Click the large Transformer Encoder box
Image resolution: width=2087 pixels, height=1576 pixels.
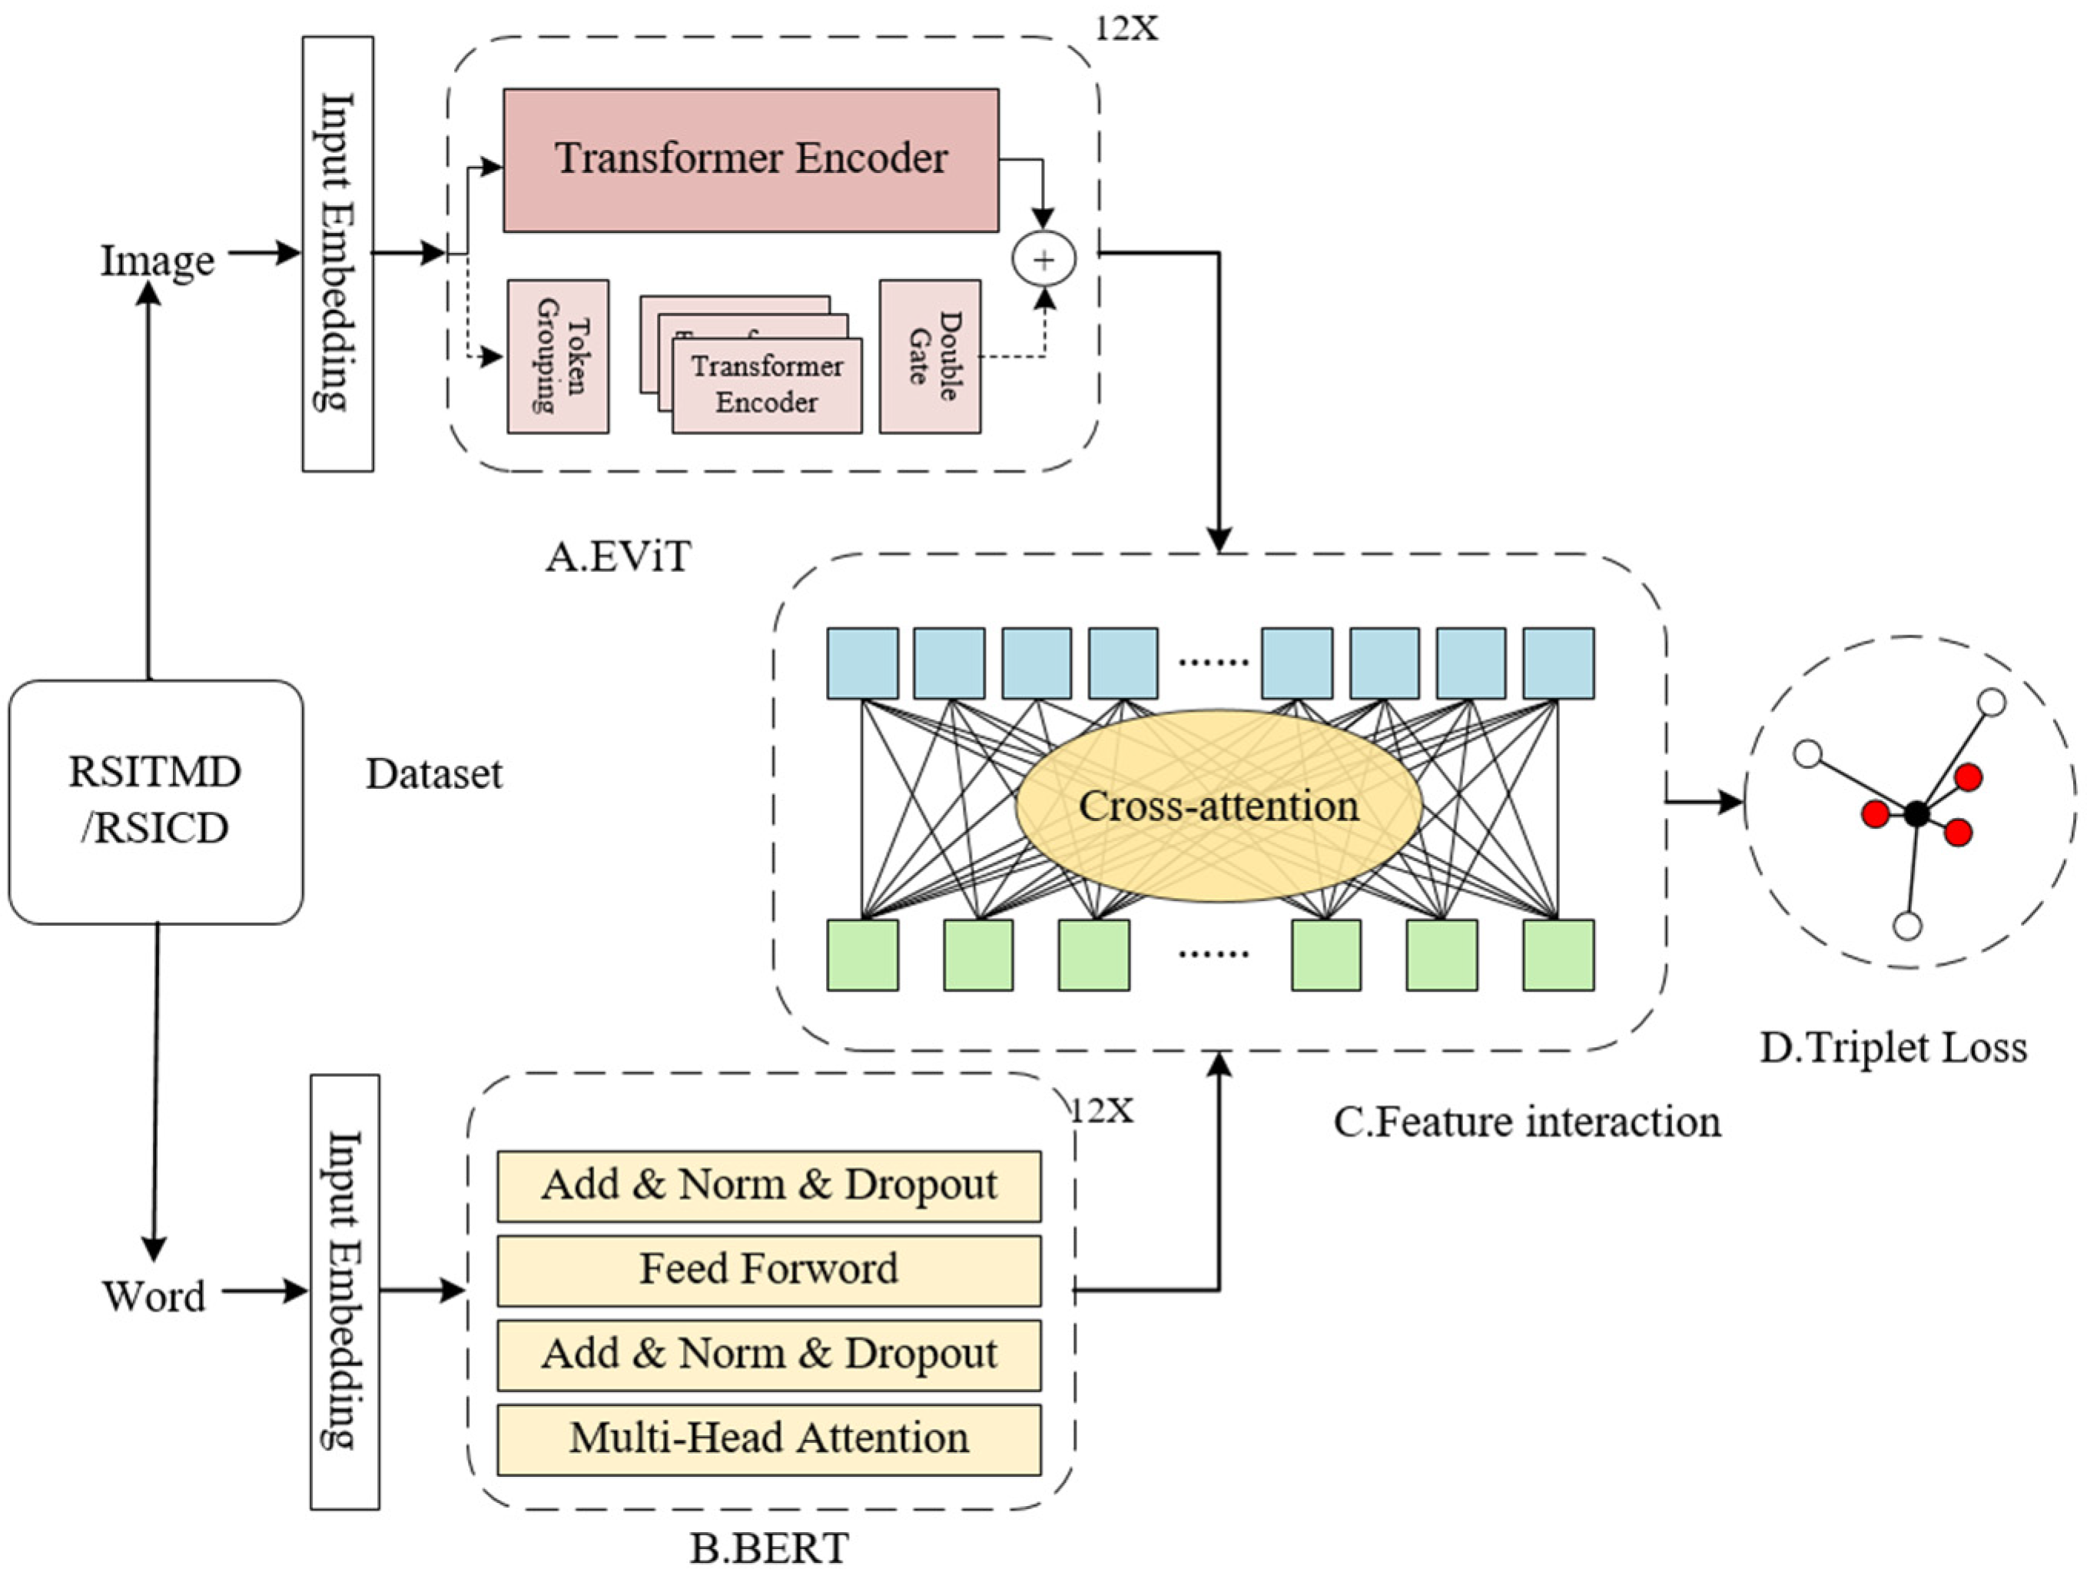(750, 159)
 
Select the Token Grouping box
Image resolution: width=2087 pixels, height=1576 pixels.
(558, 357)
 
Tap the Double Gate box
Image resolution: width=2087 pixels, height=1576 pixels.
(929, 357)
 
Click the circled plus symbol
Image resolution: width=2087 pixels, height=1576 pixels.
(1043, 258)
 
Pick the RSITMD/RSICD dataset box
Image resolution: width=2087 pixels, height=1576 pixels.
(156, 801)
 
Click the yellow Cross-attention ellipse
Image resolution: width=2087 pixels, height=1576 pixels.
(1218, 806)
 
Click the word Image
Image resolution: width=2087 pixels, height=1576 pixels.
(158, 261)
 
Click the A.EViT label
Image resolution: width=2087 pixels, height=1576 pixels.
(618, 557)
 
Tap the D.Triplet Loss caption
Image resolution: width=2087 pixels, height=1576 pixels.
(1893, 1048)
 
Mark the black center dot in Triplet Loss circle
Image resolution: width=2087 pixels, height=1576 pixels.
(1916, 813)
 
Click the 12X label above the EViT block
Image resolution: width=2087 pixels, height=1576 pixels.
(1126, 28)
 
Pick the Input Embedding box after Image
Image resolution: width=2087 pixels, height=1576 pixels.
(338, 253)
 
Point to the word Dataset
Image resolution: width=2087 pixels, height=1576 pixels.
(434, 774)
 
